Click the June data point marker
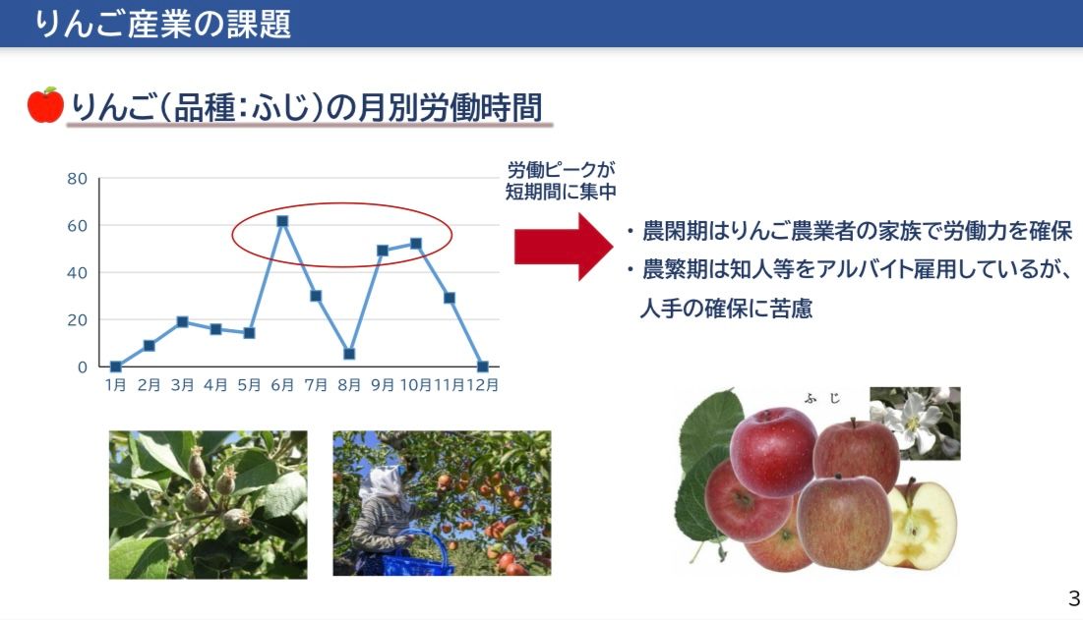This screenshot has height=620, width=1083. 281,221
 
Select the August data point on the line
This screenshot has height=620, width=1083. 349,354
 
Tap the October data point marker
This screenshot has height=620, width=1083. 416,244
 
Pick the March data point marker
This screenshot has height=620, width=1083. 182,322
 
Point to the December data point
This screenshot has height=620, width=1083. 483,366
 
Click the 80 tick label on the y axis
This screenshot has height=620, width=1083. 78,179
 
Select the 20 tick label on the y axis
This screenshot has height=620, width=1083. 78,320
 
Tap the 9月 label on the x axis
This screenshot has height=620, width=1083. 382,385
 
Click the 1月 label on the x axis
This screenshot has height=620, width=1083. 115,385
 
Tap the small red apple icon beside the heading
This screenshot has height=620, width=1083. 45,105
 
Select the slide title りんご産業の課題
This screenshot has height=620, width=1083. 163,24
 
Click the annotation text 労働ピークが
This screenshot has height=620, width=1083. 561,170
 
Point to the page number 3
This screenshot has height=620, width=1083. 1073,598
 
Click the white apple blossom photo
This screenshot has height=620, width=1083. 915,423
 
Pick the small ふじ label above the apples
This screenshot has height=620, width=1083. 822,399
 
